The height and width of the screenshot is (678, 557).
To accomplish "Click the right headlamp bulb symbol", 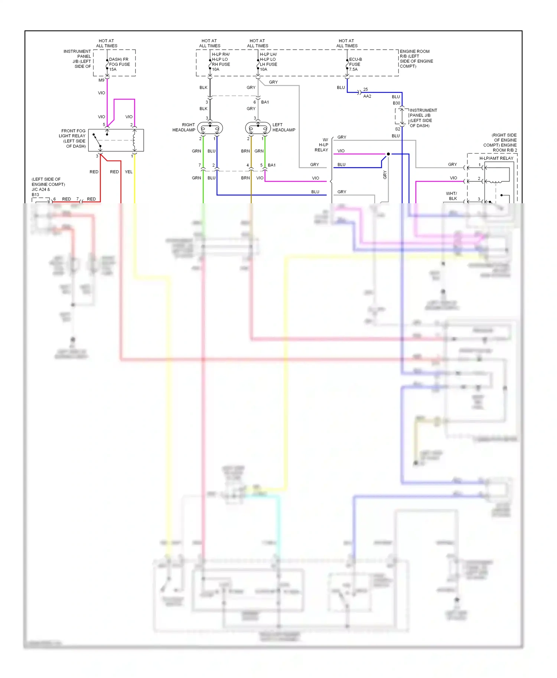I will coord(210,129).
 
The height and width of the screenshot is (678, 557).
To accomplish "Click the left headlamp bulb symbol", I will coord(258,129).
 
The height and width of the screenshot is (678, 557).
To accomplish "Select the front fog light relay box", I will coord(116,140).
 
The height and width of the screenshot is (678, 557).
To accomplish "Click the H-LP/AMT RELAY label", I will coord(496,158).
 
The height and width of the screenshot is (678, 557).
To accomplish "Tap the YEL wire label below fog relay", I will coord(128,172).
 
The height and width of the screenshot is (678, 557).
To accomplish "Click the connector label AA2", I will coord(367,96).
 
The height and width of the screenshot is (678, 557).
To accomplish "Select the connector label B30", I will coord(396,103).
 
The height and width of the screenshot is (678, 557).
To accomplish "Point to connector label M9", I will coord(101,80).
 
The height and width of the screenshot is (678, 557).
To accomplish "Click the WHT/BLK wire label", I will coord(452,196).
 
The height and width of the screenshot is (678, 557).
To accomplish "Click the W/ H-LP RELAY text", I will coord(322,145).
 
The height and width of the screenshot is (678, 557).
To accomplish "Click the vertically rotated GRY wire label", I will coord(385,175).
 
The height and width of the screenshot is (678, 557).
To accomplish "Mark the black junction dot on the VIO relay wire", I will coord(388,154).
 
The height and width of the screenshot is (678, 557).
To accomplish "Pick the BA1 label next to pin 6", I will coord(265,102).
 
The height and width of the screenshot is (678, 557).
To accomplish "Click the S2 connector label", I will coord(397,129).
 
